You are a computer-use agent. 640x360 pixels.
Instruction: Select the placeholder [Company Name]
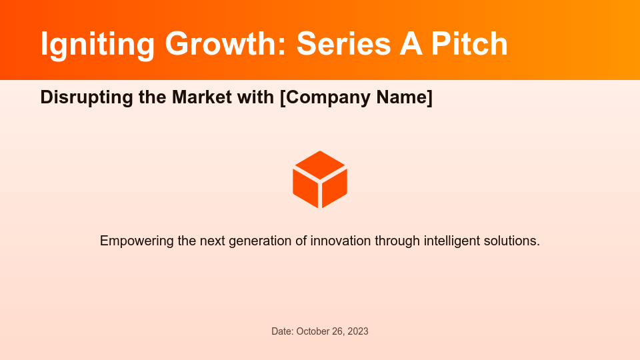[356, 97]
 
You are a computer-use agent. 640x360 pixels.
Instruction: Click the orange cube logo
[320, 179]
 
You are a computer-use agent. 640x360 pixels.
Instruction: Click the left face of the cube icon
[305, 187]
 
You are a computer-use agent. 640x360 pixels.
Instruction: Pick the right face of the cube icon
[335, 187]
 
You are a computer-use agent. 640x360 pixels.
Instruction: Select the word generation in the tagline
[259, 241]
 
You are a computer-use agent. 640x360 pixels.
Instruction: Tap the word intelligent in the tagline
[451, 241]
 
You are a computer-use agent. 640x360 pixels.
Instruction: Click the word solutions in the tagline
[513, 241]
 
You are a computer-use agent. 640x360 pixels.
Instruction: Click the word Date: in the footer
[282, 331]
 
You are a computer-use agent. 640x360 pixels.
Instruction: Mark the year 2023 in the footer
[357, 331]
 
